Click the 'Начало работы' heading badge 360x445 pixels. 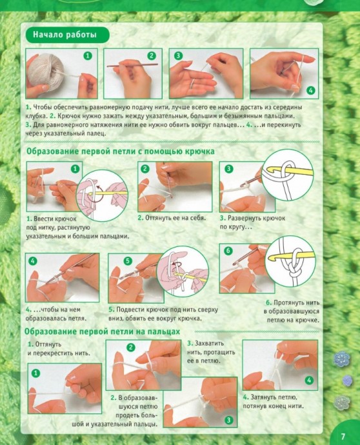[67, 35]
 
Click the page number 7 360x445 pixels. [343, 435]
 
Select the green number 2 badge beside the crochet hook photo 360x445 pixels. [152, 55]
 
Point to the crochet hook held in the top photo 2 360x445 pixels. [133, 66]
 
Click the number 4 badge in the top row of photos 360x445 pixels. [310, 90]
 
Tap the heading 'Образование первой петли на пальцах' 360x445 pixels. [102, 331]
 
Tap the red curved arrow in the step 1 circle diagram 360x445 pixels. [98, 194]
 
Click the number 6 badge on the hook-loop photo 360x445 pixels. [228, 251]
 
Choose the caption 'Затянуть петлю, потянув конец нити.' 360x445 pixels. [273, 402]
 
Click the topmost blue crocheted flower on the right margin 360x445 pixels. [341, 358]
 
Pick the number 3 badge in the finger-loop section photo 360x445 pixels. [228, 420]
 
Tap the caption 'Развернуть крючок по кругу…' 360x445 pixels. [252, 222]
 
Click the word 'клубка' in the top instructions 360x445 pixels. [36, 116]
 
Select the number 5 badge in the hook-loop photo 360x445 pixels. [128, 261]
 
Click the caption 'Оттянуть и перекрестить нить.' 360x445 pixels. [59, 349]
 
